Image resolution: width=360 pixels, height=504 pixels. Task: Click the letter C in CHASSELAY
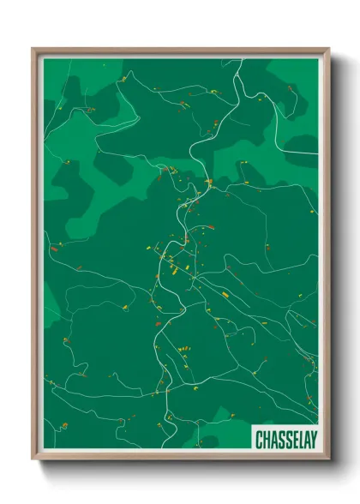[259, 440]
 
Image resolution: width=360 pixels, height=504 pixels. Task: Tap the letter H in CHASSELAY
[266, 440]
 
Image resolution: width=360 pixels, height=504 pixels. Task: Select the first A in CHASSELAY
[273, 440]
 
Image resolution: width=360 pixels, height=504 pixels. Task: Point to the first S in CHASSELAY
[279, 440]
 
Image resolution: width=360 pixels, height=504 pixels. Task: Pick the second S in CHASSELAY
[285, 440]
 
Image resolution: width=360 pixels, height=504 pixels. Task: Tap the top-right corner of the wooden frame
[328, 50]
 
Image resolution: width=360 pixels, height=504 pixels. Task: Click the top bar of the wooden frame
[180, 51]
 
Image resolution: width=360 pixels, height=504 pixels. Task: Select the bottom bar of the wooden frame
[180, 457]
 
